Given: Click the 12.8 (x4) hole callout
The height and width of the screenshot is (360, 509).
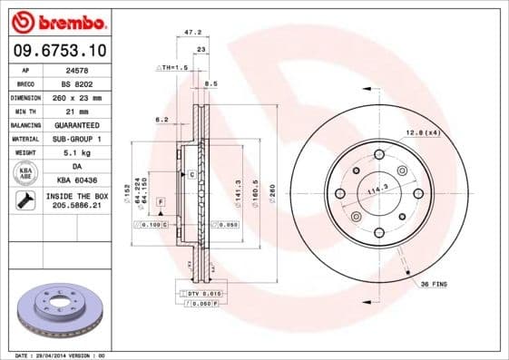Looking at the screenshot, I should click(422, 133).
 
